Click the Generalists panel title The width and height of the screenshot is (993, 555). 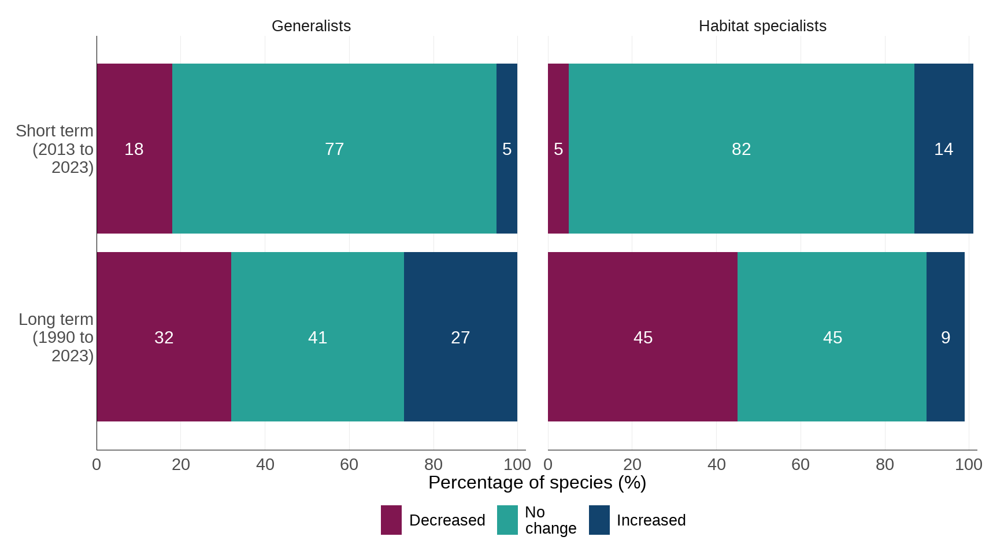(x=311, y=26)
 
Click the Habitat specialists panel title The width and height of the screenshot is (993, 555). (x=762, y=26)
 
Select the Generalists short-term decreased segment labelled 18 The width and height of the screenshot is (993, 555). (x=134, y=149)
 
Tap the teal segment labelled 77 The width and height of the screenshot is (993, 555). (x=334, y=149)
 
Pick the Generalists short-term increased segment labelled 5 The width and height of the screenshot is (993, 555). (x=507, y=149)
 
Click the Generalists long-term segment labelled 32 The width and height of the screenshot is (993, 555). (x=164, y=337)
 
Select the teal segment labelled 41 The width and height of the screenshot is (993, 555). (x=317, y=337)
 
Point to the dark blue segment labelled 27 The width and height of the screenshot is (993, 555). (x=460, y=337)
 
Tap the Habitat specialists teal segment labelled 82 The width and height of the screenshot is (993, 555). (x=741, y=149)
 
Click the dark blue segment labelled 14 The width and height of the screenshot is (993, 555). (x=943, y=149)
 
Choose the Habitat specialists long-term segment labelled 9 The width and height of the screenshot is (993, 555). (x=945, y=337)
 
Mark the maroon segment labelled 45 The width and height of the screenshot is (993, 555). (x=643, y=337)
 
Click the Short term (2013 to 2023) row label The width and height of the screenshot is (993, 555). (x=55, y=149)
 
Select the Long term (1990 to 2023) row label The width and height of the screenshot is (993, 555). (x=57, y=337)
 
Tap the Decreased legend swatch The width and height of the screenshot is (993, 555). (x=391, y=520)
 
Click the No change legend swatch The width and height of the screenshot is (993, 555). (x=507, y=520)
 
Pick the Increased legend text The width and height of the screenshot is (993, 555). (x=651, y=520)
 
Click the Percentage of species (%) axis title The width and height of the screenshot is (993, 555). (x=537, y=483)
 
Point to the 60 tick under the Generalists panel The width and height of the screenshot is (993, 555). (x=349, y=464)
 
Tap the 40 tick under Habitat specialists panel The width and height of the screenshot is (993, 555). (x=716, y=464)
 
